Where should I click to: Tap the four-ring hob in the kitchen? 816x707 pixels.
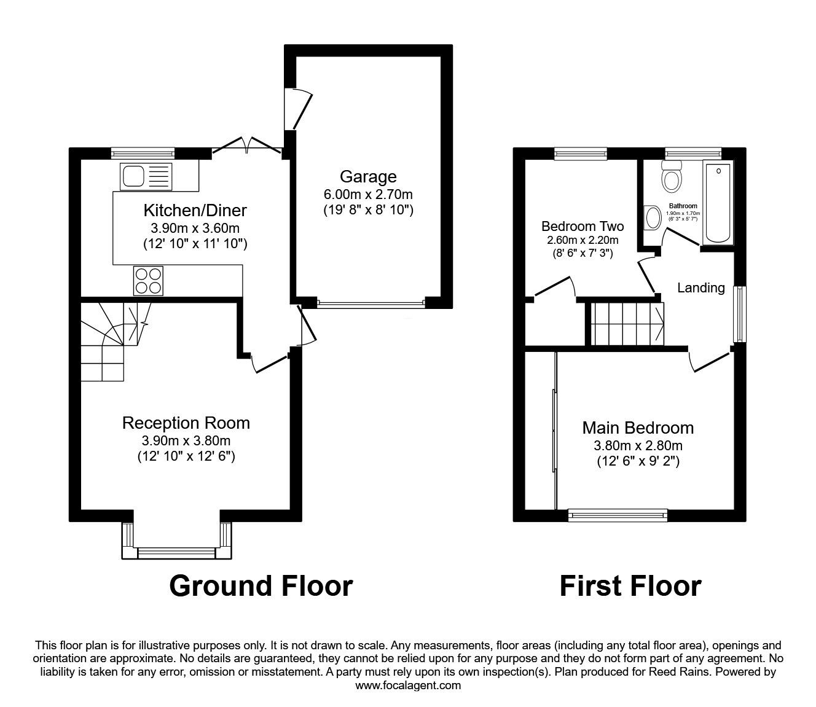tap(148, 281)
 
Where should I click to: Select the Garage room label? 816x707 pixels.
tap(368, 177)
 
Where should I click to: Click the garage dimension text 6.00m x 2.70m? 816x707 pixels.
tap(368, 195)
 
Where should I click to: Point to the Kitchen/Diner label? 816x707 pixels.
tap(195, 211)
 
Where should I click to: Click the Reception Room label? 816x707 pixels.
tap(186, 423)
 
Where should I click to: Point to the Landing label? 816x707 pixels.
tap(700, 287)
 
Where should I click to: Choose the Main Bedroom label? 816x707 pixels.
tap(638, 428)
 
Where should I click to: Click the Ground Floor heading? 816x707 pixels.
tap(261, 586)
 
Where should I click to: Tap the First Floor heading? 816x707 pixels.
tap(630, 586)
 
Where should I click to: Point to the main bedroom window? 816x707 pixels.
tap(618, 515)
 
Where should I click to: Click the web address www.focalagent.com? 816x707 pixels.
tap(408, 686)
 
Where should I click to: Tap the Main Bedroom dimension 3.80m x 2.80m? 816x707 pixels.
tap(638, 446)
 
